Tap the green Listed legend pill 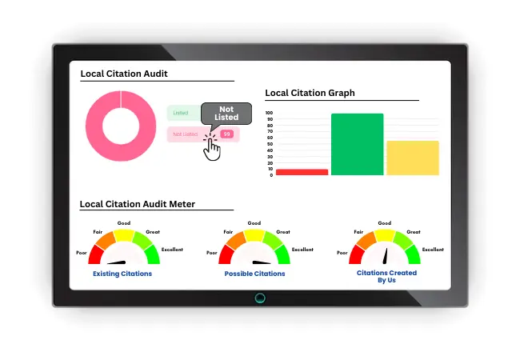click(182, 114)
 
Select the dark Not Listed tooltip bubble click(226, 113)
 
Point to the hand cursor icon click(212, 149)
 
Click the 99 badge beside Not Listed click(226, 134)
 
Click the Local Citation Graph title click(310, 93)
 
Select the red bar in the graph click(302, 171)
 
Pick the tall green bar click(357, 144)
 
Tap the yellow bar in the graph click(412, 158)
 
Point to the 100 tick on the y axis click(269, 114)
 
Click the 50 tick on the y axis click(270, 144)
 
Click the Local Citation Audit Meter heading click(138, 204)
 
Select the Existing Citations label click(122, 274)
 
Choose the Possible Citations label click(254, 274)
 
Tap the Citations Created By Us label click(386, 276)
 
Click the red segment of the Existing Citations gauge click(95, 254)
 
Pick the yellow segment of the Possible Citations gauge click(254, 234)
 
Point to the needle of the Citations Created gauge click(386, 255)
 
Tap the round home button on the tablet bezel click(260, 298)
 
